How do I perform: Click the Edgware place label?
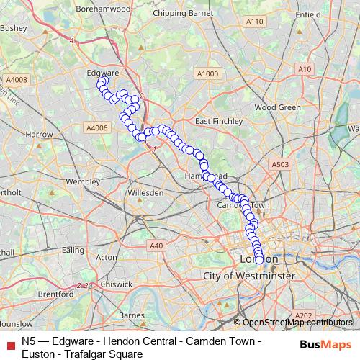pos(102,73)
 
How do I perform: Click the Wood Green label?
pos(277,107)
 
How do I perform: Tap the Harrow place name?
pos(39,135)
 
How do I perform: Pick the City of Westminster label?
pos(249,276)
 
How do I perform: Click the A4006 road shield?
pos(96,127)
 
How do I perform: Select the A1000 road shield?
pos(206,74)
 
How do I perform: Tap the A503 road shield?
pos(280,166)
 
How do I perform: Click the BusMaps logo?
pos(322,345)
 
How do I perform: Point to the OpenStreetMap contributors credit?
pos(297,323)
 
